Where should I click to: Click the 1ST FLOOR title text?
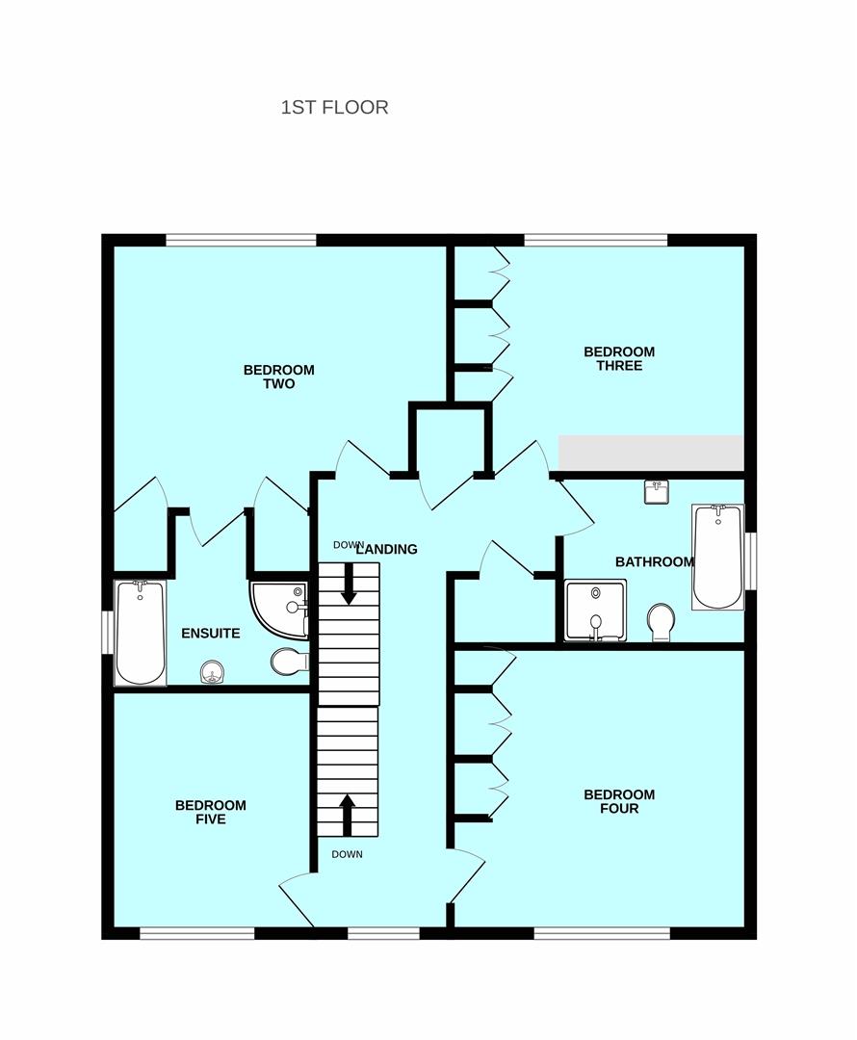coord(334,108)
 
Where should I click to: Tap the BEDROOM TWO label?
coord(278,377)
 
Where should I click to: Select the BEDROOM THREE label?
coord(619,359)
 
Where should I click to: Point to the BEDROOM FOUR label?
coord(619,801)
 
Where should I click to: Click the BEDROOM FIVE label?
coord(210,813)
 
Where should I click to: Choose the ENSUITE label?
coord(210,634)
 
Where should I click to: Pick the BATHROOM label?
coord(654,561)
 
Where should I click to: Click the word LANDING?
coord(388,549)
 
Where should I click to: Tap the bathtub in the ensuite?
coord(140,633)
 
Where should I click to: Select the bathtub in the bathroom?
coord(717,558)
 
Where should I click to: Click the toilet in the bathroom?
coord(661,622)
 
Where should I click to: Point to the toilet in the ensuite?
coord(289,661)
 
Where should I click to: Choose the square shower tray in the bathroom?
coord(595,611)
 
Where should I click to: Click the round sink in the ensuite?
coord(212,672)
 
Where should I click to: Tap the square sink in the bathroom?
coord(657,492)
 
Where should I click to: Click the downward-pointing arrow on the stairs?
coord(349,585)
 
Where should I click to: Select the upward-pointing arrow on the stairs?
coord(347,816)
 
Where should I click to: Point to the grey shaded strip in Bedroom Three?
coord(651,453)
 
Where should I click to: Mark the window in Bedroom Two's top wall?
coord(241,240)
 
